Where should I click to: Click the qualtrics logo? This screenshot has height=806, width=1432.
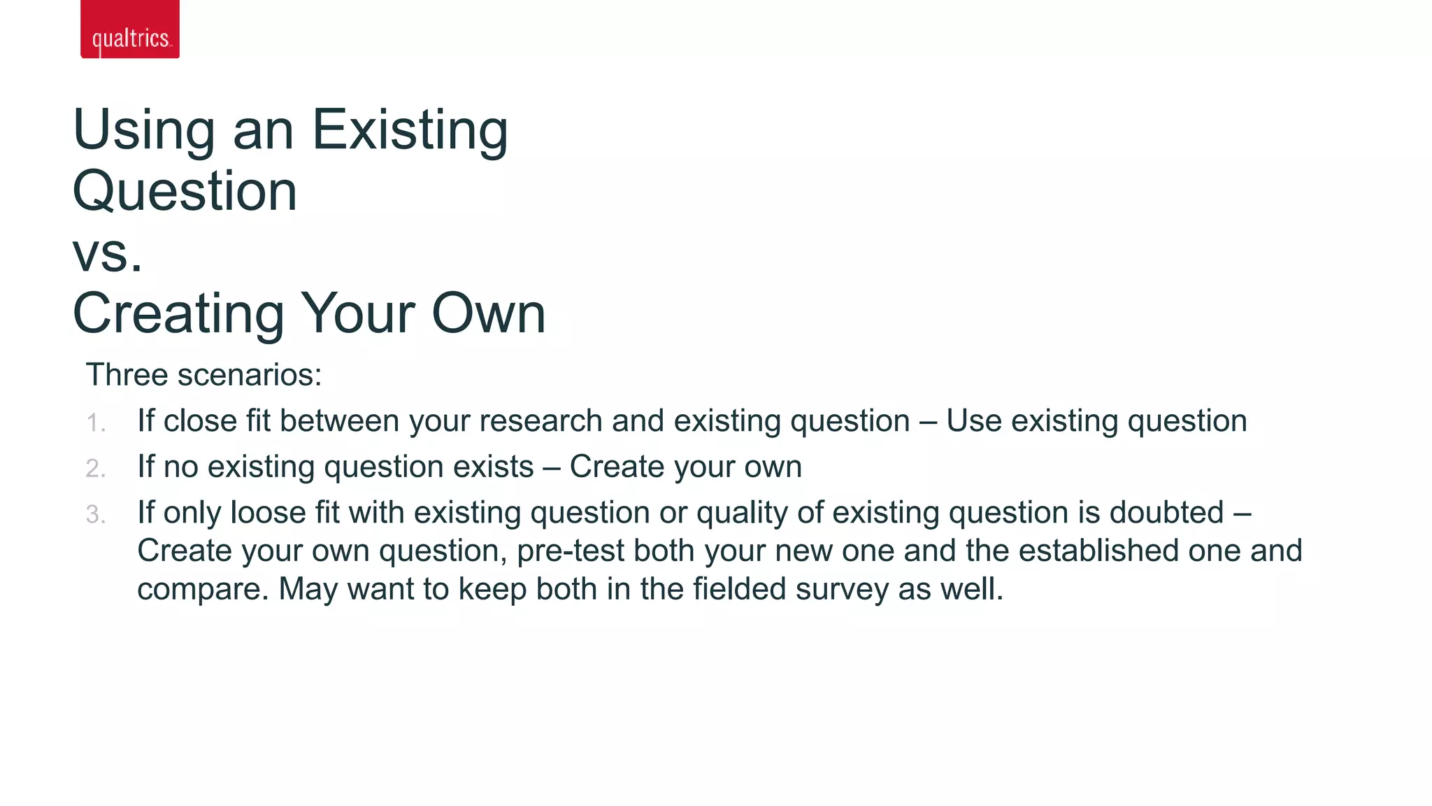130,29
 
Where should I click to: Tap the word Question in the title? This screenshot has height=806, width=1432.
185,192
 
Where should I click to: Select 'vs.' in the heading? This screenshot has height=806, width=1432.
108,253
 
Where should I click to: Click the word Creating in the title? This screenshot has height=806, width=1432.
178,314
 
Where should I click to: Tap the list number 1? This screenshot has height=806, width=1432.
95,423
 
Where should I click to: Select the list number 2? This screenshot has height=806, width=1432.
95,469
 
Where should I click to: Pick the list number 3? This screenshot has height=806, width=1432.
95,515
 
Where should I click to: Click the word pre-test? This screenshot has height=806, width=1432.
570,551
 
